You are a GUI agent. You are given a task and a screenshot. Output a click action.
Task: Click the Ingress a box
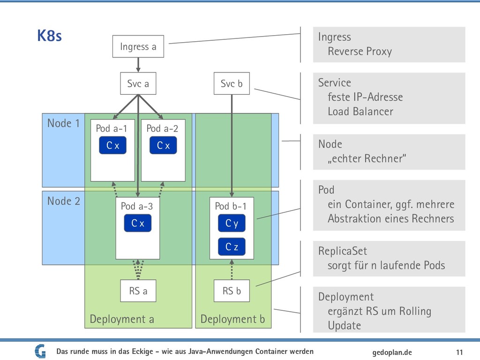tap(138, 46)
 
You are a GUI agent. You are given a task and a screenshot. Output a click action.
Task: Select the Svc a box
tap(138, 83)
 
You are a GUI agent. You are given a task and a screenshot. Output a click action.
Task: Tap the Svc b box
tap(232, 83)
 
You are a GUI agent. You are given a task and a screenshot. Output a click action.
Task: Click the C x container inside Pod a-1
tap(112, 145)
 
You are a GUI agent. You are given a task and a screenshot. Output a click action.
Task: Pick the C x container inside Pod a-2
tap(163, 145)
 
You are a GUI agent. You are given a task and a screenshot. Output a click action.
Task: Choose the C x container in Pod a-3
tap(138, 223)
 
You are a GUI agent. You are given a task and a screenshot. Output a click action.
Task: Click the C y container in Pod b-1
tap(232, 223)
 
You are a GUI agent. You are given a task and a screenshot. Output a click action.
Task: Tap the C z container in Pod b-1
tap(232, 247)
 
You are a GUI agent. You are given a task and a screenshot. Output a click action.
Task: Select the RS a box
tap(138, 291)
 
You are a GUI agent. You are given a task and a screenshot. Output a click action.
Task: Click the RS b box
tap(232, 291)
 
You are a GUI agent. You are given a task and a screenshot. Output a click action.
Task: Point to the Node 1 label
tap(63, 123)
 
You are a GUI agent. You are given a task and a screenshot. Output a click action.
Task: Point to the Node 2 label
tap(64, 201)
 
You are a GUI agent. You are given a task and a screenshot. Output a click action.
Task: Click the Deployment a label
tap(122, 319)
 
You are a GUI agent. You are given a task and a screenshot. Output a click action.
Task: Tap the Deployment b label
tap(232, 319)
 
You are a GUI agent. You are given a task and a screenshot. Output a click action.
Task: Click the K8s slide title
tap(49, 36)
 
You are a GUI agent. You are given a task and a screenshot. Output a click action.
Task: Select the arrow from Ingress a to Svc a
tap(138, 65)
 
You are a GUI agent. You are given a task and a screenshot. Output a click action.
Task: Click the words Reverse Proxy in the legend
tap(360, 52)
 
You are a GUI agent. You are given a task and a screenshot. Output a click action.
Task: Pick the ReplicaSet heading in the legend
tap(343, 251)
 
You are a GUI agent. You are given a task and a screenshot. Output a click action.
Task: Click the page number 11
tap(459, 352)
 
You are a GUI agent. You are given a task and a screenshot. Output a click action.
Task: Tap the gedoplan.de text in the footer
tap(392, 352)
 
